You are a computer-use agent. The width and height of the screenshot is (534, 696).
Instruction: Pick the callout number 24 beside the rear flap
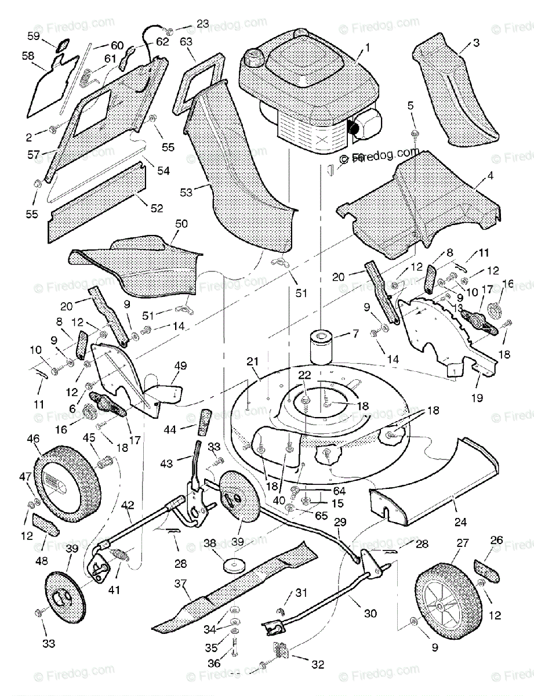460,521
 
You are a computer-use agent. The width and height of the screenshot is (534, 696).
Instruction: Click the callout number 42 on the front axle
127,505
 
